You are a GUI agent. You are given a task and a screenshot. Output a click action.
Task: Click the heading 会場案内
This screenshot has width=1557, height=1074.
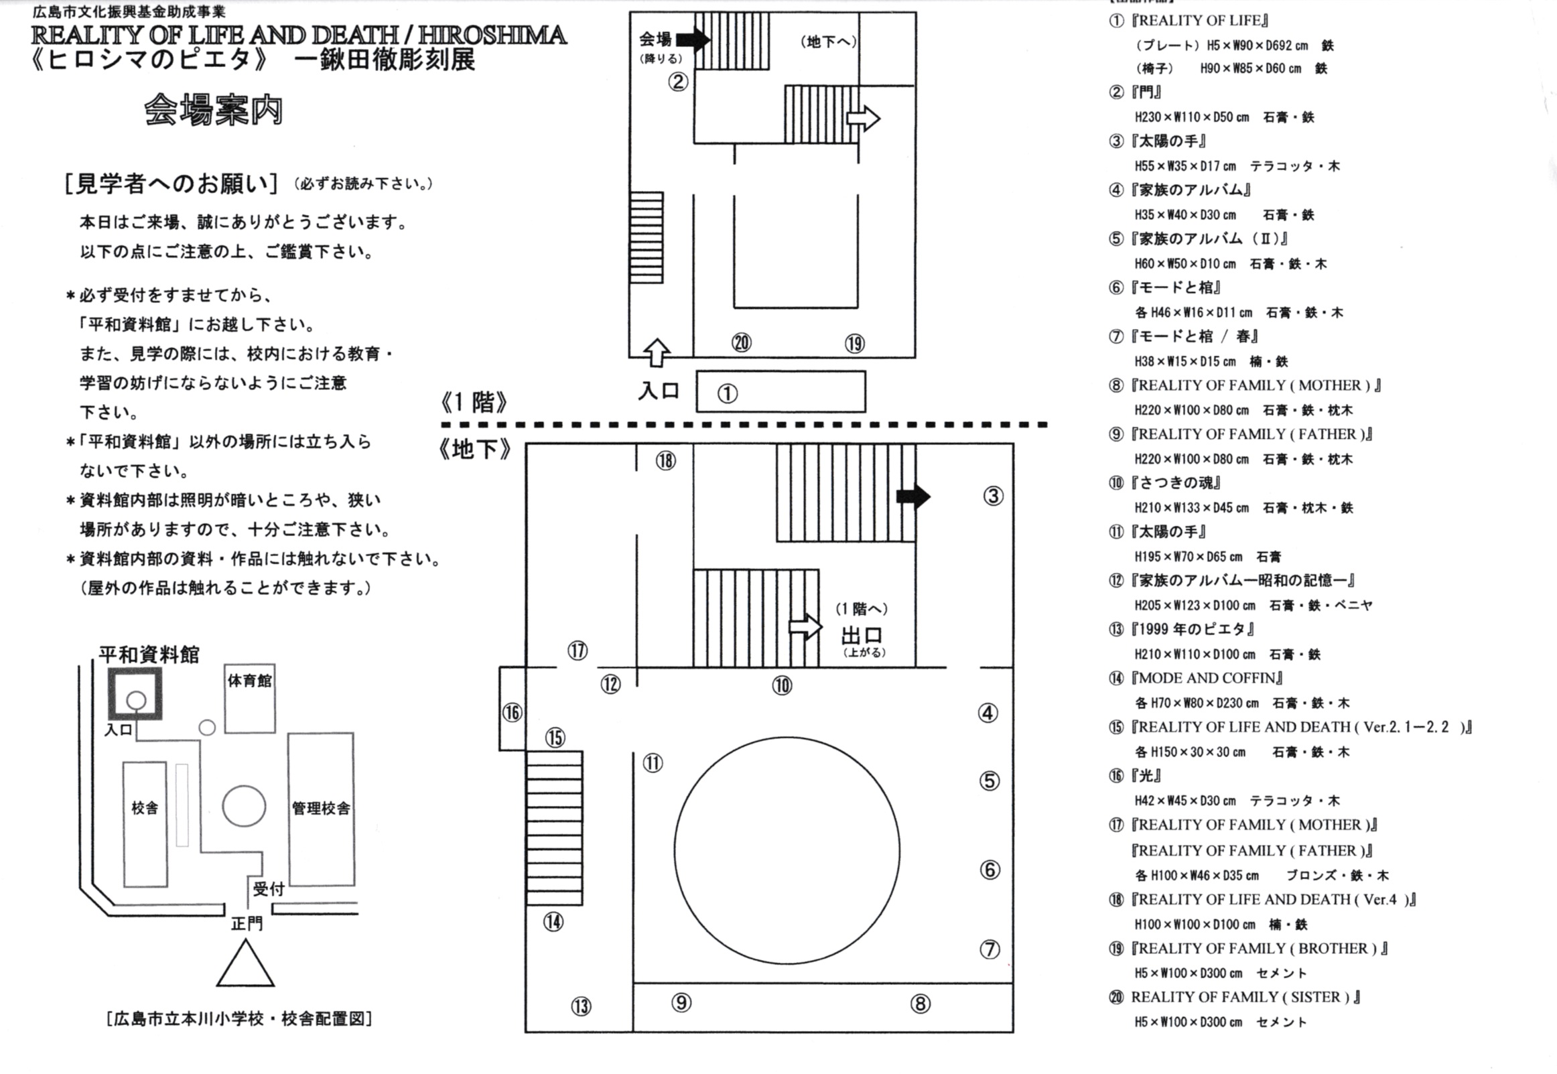[214, 111]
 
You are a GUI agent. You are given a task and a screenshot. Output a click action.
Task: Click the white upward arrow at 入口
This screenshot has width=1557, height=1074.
[656, 352]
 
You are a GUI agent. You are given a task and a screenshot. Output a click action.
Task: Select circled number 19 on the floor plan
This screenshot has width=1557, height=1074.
[854, 344]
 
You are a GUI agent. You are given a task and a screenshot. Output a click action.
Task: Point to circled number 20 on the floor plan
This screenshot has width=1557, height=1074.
[741, 343]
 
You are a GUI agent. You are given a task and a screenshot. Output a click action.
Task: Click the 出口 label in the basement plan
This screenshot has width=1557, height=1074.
[862, 636]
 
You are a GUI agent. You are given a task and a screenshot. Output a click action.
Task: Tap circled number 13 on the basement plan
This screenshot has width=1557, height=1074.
[582, 1006]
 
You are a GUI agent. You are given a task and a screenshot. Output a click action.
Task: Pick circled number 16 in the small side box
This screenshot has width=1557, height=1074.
[512, 713]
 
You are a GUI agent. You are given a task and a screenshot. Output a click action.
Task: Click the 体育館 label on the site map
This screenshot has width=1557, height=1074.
[250, 681]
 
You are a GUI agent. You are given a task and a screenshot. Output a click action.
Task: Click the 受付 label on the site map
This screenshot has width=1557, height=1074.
[269, 889]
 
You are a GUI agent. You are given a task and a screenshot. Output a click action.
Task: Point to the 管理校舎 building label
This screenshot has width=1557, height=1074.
[321, 808]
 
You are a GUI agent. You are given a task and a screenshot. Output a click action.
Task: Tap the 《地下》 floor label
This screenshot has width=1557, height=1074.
[474, 450]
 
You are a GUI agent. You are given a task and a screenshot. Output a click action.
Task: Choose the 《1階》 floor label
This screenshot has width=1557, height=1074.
[474, 403]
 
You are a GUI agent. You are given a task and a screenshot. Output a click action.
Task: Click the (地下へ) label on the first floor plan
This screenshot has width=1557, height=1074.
[828, 42]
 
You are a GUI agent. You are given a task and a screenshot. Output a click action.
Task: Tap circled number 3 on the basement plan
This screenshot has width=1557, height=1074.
[993, 496]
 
